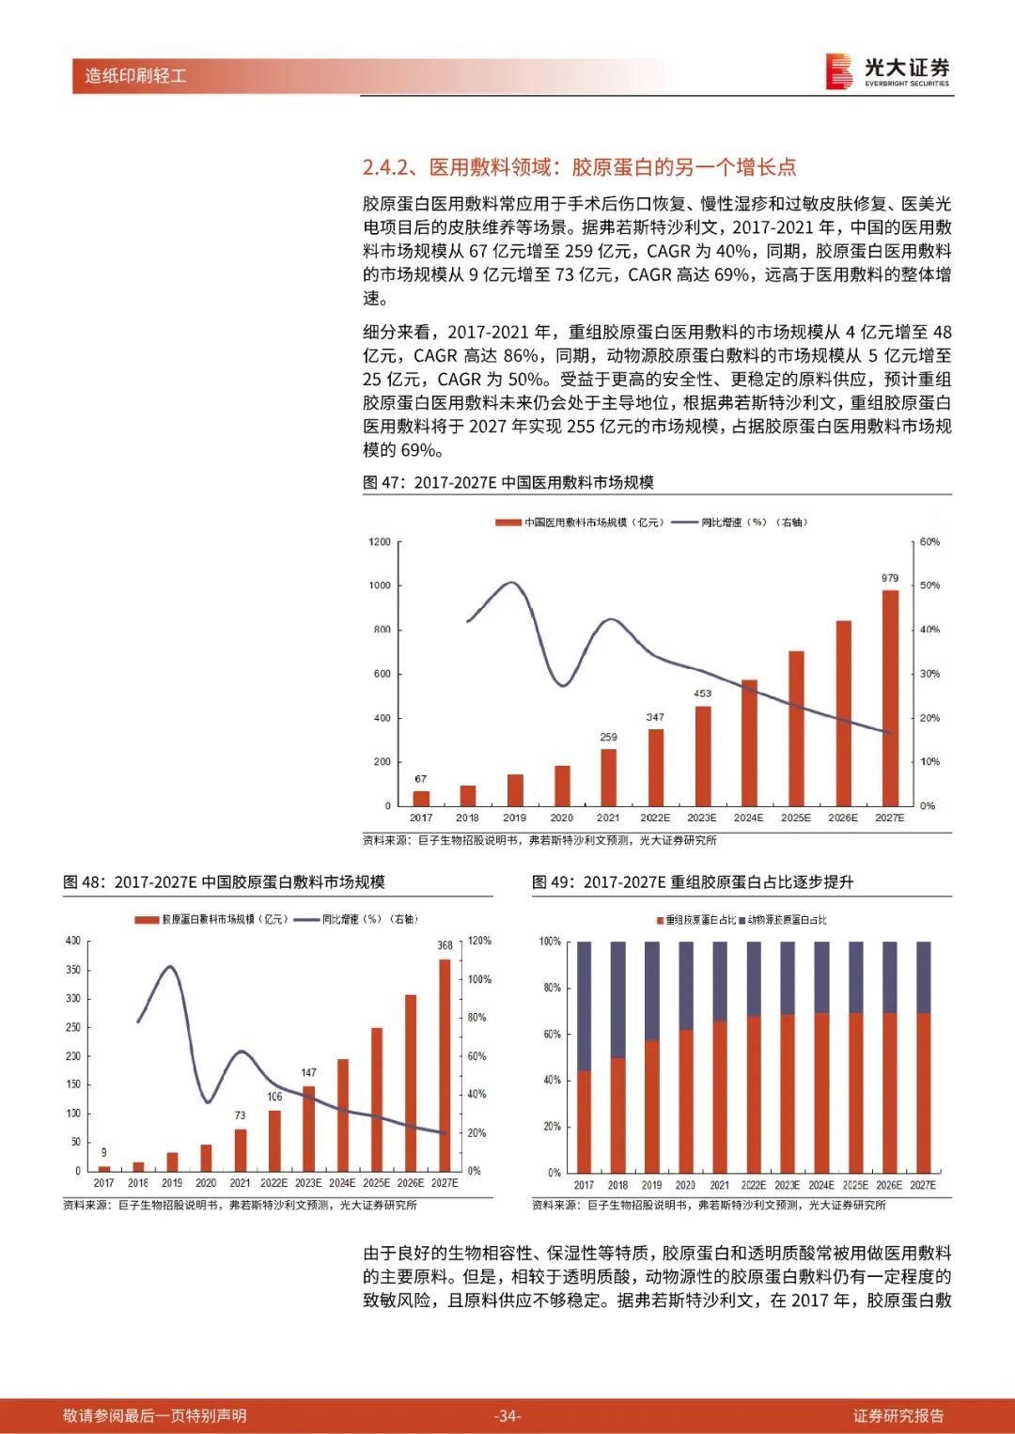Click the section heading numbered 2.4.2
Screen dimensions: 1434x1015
pyautogui.click(x=579, y=167)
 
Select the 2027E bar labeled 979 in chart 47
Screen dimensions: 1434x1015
pyautogui.click(x=889, y=697)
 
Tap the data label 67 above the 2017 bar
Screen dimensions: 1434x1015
pyautogui.click(x=420, y=779)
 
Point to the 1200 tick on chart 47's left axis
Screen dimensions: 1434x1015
pyautogui.click(x=380, y=542)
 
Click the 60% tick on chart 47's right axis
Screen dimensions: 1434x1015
pyautogui.click(x=929, y=542)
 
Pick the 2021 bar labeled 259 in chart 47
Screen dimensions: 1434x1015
pyautogui.click(x=608, y=776)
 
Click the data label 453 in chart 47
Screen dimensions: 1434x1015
pyautogui.click(x=702, y=694)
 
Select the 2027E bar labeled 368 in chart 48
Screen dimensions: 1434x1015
pyautogui.click(x=445, y=1064)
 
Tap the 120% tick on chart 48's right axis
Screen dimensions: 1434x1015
pyautogui.click(x=479, y=941)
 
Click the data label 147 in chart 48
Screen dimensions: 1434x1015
pyautogui.click(x=308, y=1072)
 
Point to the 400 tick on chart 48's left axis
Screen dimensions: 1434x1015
pyautogui.click(x=73, y=941)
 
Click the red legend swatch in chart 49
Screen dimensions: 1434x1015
pyautogui.click(x=660, y=920)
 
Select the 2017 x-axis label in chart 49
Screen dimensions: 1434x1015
pyautogui.click(x=584, y=1185)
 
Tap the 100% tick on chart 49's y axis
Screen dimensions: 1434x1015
pyautogui.click(x=550, y=942)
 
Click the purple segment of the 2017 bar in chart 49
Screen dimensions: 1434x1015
pyautogui.click(x=584, y=1005)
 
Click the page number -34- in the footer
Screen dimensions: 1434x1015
pyautogui.click(x=507, y=1415)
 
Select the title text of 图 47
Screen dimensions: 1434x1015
pyautogui.click(x=508, y=482)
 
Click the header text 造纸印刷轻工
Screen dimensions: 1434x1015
pyautogui.click(x=135, y=75)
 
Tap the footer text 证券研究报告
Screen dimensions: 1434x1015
pyautogui.click(x=898, y=1415)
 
